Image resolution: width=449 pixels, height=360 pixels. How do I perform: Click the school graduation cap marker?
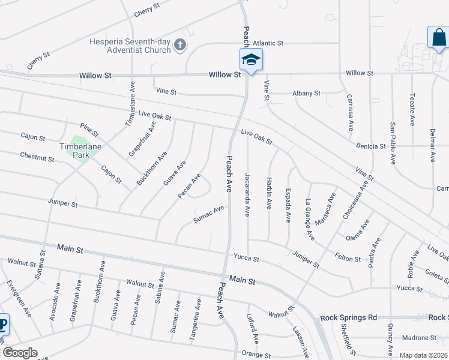251,60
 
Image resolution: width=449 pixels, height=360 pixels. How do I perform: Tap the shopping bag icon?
439,38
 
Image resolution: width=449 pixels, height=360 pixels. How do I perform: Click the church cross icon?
179,45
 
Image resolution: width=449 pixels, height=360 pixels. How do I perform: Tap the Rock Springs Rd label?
348,317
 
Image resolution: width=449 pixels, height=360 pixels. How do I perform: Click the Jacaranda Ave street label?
247,195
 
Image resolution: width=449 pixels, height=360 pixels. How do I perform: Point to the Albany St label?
307,94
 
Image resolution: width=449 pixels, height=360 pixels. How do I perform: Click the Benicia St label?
370,146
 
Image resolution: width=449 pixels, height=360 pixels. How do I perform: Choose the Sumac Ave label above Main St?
208,215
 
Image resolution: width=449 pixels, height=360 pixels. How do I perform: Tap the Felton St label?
348,259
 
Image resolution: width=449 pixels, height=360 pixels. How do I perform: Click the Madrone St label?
419,337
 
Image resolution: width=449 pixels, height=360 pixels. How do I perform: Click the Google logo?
20,352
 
